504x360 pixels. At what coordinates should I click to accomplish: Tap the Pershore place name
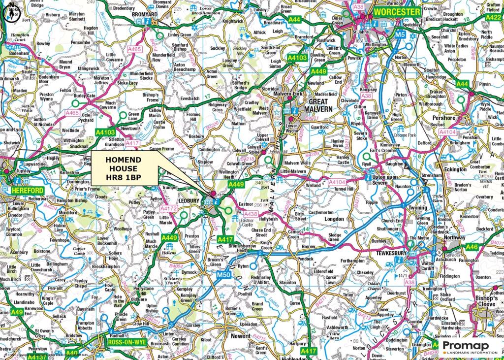tap(444, 118)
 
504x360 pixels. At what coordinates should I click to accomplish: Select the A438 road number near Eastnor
tap(251, 214)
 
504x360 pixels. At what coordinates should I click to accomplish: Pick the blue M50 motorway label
tap(223, 274)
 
